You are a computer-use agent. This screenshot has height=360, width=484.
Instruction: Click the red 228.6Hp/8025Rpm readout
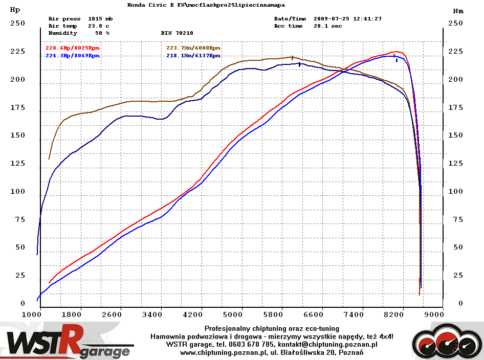pyautogui.click(x=73, y=48)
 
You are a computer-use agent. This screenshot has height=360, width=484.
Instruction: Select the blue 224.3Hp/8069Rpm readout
pyautogui.click(x=73, y=55)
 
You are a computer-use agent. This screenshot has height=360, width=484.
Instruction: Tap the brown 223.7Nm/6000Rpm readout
pyautogui.click(x=193, y=48)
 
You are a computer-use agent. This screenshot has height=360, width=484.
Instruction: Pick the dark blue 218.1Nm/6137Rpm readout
pyautogui.click(x=193, y=55)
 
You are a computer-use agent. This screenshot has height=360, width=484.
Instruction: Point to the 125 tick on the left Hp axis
pyautogui.click(x=18, y=164)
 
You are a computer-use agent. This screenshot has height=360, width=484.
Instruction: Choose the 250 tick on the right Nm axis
pyautogui.click(x=455, y=23)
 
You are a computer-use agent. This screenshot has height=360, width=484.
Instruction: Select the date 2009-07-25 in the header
pyautogui.click(x=332, y=19)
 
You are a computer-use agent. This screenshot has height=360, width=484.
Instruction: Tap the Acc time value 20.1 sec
pyautogui.click(x=327, y=26)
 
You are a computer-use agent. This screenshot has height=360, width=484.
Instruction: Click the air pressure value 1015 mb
pyautogui.click(x=100, y=19)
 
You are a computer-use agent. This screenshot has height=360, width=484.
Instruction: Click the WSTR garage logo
pyautogui.click(x=69, y=342)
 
